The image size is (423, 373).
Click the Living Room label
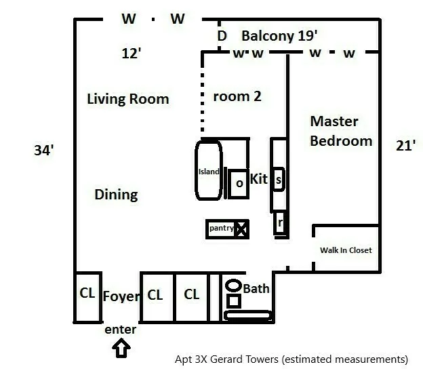click(x=128, y=99)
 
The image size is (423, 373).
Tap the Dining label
click(x=116, y=195)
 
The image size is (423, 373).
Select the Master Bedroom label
click(x=341, y=131)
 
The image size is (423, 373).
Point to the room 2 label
click(x=237, y=96)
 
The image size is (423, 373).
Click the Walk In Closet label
click(x=346, y=250)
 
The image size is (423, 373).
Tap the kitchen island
click(x=208, y=171)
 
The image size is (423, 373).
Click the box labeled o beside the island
click(x=239, y=183)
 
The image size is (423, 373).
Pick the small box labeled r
click(x=279, y=223)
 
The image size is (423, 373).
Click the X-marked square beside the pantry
click(x=241, y=229)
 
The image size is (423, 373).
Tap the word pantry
click(x=221, y=229)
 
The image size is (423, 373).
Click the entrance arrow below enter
click(x=121, y=348)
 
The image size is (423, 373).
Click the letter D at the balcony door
click(x=221, y=35)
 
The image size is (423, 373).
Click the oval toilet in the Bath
click(x=233, y=286)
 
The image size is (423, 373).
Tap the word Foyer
click(x=121, y=296)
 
